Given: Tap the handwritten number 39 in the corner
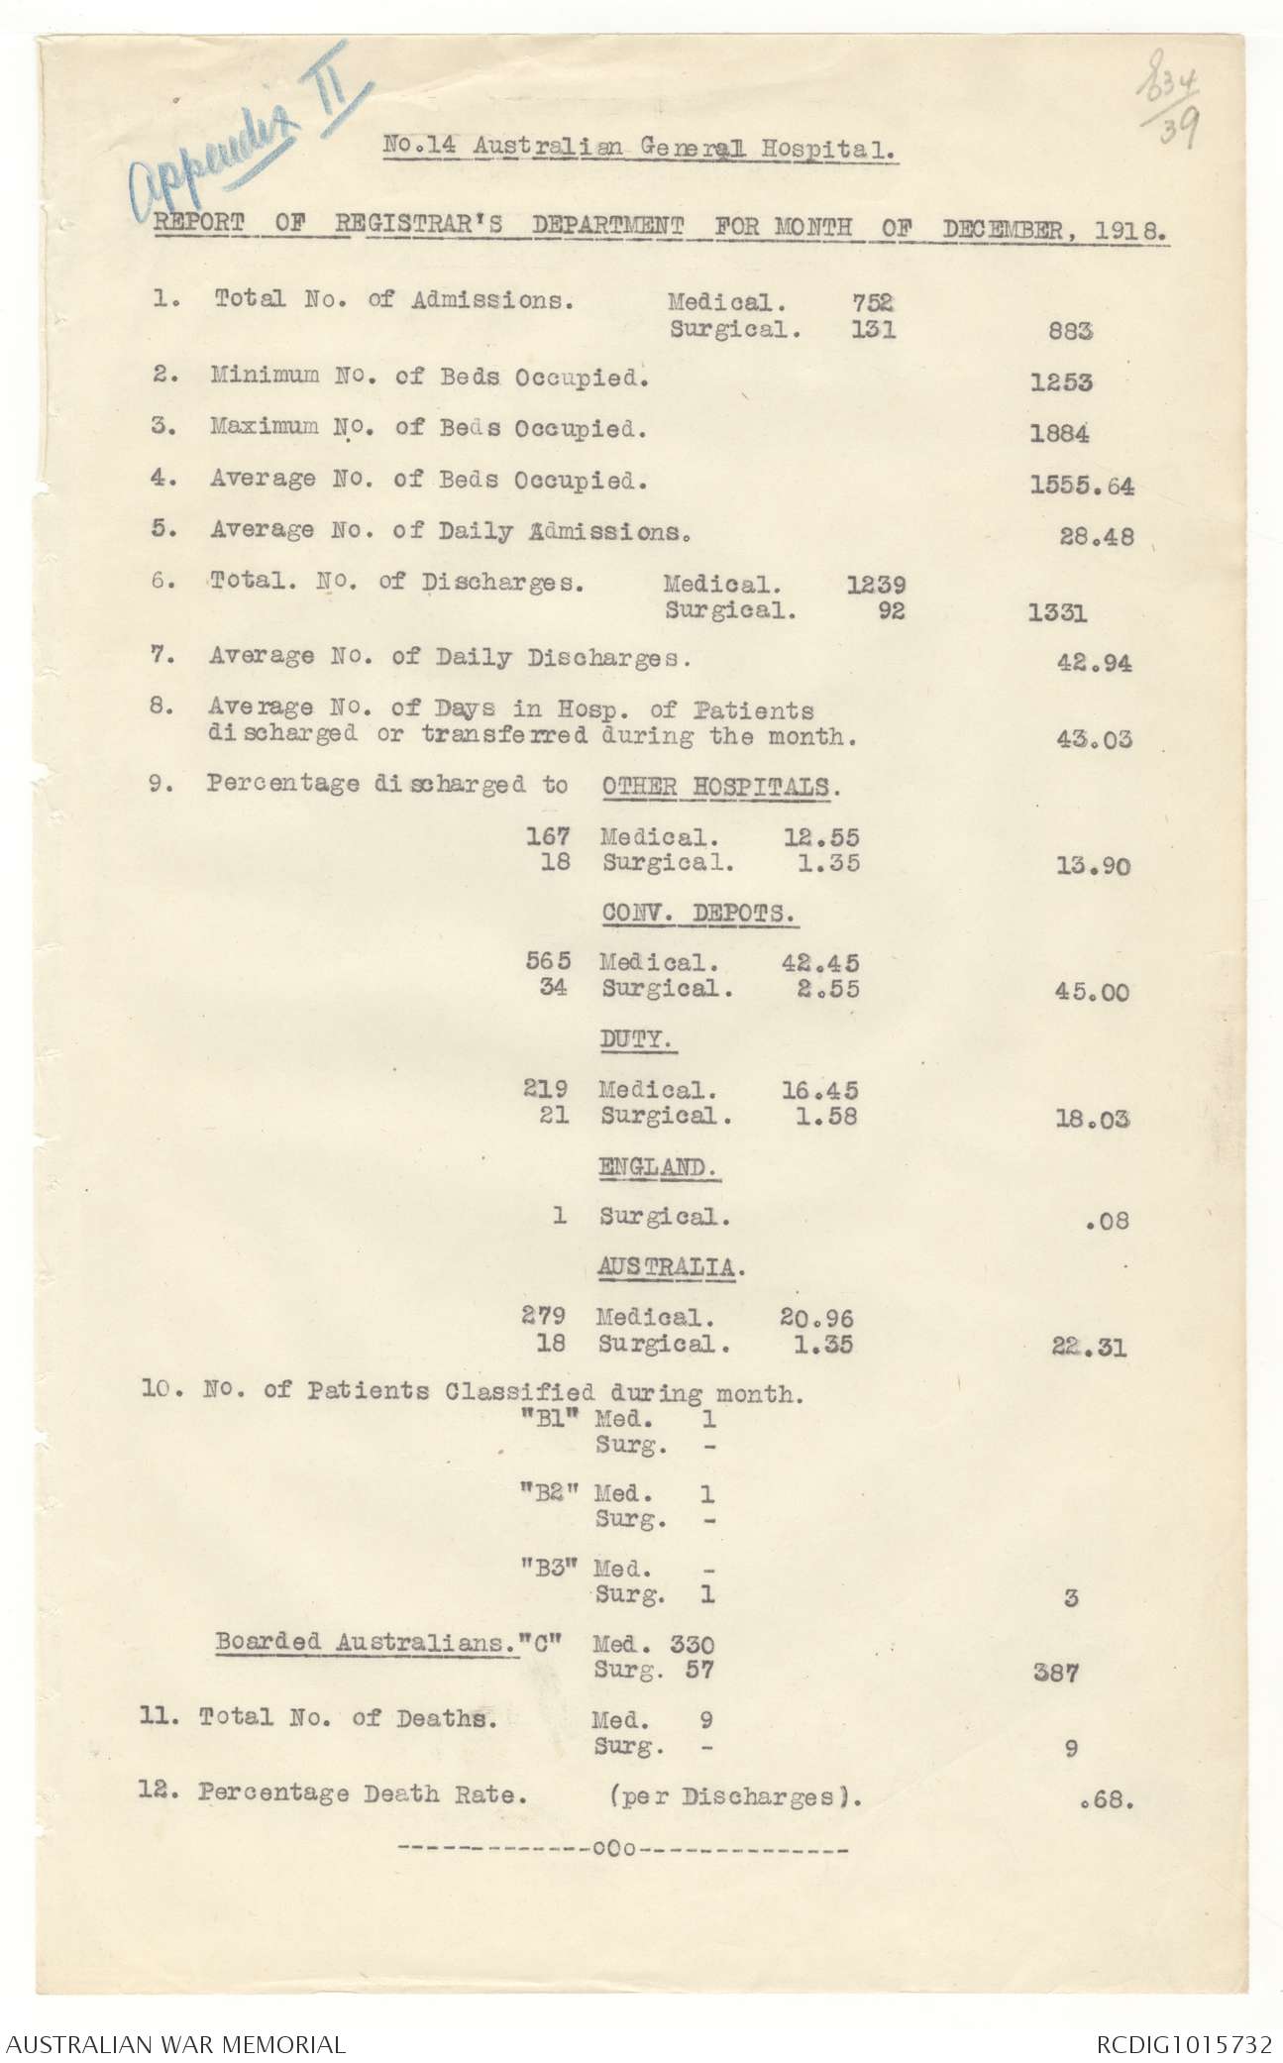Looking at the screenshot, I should [x=1180, y=127].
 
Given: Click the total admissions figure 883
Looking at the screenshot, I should [x=1070, y=332].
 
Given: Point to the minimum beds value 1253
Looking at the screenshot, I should [x=1061, y=382].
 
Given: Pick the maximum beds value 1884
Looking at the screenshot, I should [x=1060, y=433].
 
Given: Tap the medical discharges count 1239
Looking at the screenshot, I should [x=876, y=586].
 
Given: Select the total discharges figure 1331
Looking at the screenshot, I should [x=1057, y=613].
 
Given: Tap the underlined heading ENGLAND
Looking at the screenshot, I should [x=658, y=1167].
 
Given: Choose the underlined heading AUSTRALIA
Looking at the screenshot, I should [x=670, y=1267].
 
